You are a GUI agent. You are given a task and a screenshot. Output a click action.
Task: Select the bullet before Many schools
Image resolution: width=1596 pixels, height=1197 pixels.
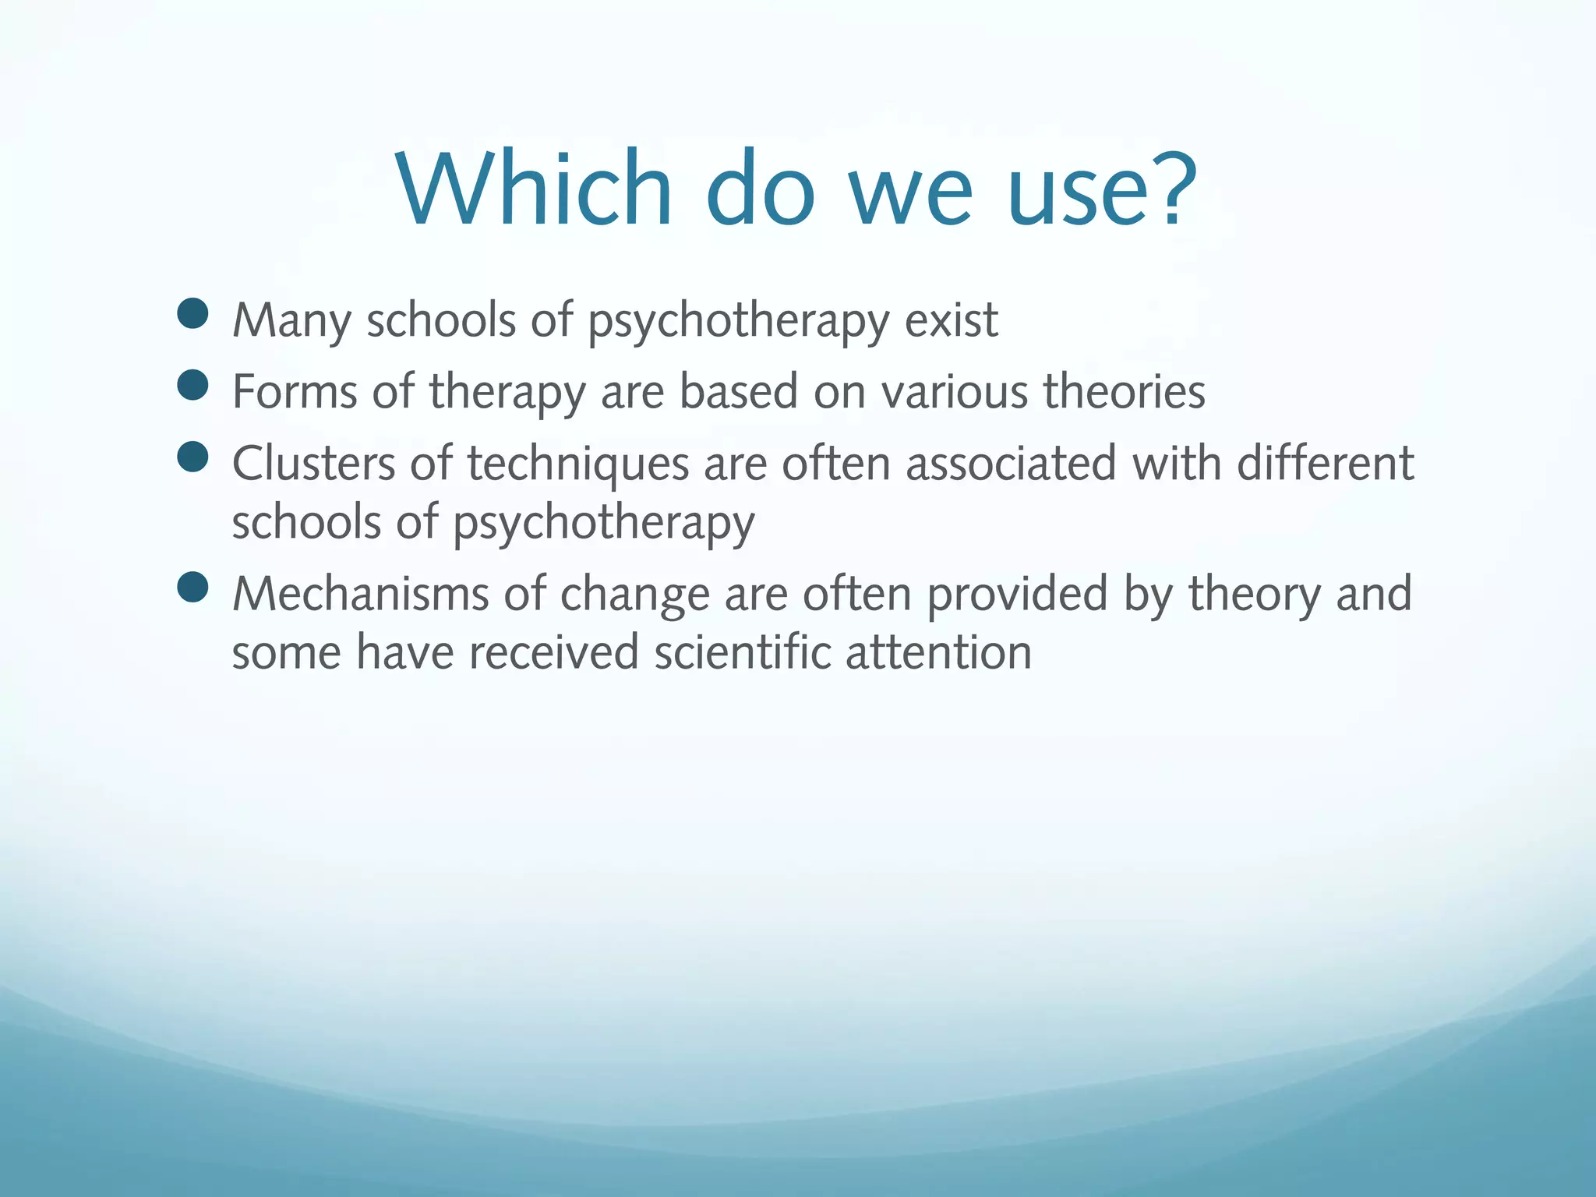pyautogui.click(x=192, y=313)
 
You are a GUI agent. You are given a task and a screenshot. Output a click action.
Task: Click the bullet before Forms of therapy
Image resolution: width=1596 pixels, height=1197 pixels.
pyautogui.click(x=192, y=385)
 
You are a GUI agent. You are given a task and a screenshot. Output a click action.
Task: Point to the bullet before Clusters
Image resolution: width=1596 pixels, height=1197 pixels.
pyautogui.click(x=192, y=457)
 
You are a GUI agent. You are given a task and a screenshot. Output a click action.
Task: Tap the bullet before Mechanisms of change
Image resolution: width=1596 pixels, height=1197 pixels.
pyautogui.click(x=192, y=588)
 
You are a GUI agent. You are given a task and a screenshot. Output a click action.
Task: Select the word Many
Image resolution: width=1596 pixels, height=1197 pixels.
pyautogui.click(x=291, y=322)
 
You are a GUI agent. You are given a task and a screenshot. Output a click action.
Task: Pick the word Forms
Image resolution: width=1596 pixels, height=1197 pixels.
pyautogui.click(x=295, y=391)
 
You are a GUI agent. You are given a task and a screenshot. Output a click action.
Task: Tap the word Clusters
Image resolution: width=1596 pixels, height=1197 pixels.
pyautogui.click(x=313, y=464)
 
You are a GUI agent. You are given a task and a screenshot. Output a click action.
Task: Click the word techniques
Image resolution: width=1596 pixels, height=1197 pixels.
pyautogui.click(x=578, y=465)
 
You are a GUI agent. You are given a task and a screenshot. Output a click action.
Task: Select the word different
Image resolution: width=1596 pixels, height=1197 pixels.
pyautogui.click(x=1325, y=464)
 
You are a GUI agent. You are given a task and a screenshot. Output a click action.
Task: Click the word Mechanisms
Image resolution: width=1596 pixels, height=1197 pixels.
pyautogui.click(x=360, y=594)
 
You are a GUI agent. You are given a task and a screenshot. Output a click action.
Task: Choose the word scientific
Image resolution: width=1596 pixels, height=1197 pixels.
pyautogui.click(x=742, y=652)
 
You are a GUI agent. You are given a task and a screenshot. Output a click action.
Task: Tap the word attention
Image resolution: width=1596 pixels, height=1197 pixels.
pyautogui.click(x=938, y=652)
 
